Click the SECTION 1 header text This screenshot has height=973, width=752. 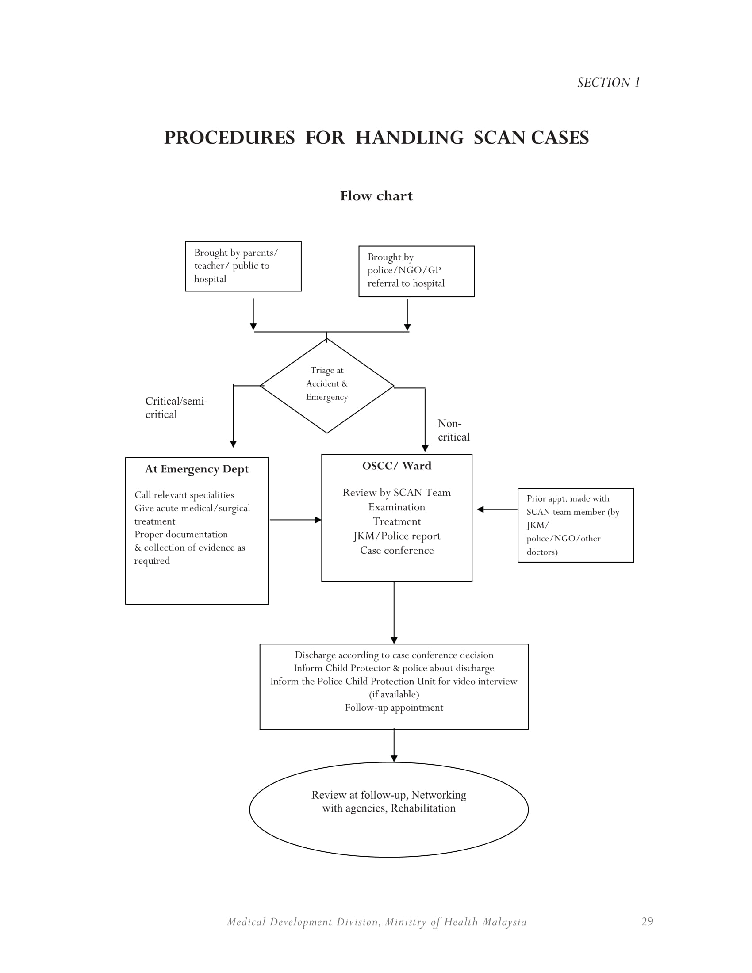[x=609, y=82]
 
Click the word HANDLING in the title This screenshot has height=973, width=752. [x=410, y=137]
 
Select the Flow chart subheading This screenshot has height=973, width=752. [x=376, y=195]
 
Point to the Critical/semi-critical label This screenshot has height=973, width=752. [x=176, y=408]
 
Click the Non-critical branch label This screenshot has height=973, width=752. [x=453, y=430]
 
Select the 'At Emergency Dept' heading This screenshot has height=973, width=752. [x=197, y=469]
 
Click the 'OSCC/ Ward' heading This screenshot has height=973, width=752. [x=396, y=466]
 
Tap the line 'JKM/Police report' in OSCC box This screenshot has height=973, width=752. [x=397, y=536]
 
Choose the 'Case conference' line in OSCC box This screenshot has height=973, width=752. [x=397, y=550]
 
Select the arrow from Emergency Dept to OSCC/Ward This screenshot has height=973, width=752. [x=296, y=520]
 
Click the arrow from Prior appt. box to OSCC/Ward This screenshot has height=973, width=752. [x=497, y=509]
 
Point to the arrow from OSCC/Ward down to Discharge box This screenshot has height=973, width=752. [x=394, y=613]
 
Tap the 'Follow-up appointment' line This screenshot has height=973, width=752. [x=394, y=708]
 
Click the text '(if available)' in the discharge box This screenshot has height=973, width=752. [x=394, y=694]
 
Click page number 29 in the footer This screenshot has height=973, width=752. [x=647, y=921]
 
